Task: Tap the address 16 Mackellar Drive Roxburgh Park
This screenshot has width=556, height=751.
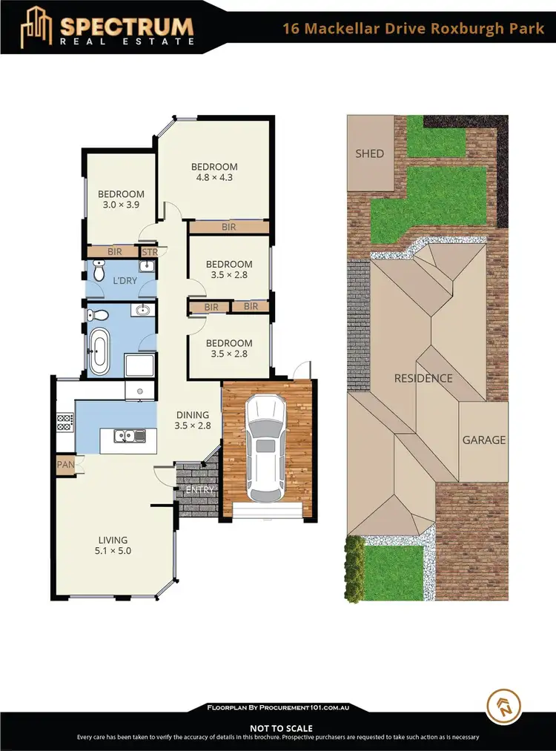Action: tap(413, 30)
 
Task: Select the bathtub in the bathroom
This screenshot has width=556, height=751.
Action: tap(99, 352)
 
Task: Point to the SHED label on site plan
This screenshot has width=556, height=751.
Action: tap(370, 153)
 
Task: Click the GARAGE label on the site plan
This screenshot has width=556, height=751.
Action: tap(484, 440)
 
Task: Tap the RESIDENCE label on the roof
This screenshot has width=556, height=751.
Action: tap(423, 378)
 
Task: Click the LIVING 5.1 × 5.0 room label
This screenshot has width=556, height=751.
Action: tap(113, 546)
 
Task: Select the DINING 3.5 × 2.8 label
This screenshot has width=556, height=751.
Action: tap(192, 420)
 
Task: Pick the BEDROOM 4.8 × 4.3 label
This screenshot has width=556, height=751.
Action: tap(214, 172)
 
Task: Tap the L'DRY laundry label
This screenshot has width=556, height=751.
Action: tap(112, 282)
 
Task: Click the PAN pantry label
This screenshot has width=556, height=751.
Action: tap(64, 466)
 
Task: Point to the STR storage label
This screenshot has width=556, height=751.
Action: tap(149, 252)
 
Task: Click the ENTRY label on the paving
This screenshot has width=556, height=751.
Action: tap(199, 490)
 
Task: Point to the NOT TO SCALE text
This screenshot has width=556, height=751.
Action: tap(281, 729)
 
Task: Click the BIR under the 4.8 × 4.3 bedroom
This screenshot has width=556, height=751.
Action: tap(228, 227)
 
